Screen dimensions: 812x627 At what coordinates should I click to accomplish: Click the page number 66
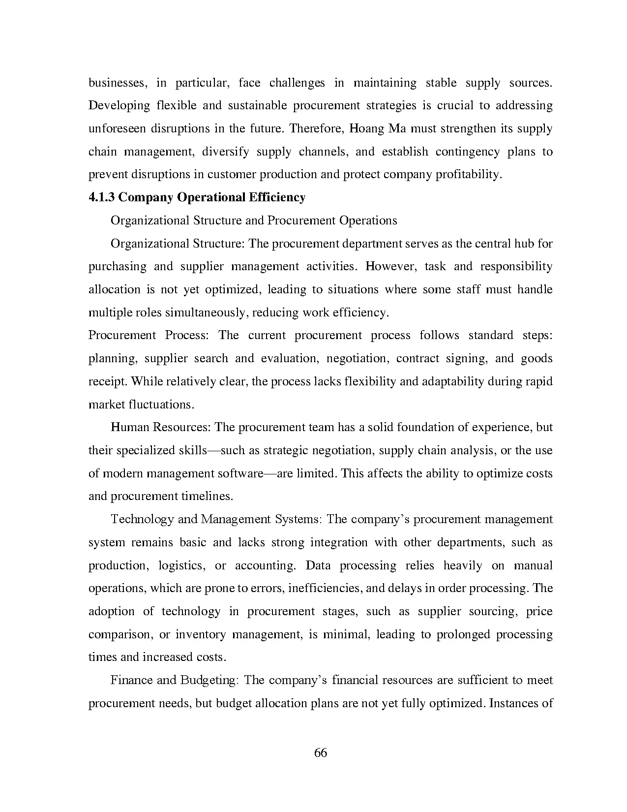pos(320,753)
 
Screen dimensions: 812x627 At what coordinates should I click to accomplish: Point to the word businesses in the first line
pos(118,83)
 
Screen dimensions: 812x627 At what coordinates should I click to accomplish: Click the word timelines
pos(207,496)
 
